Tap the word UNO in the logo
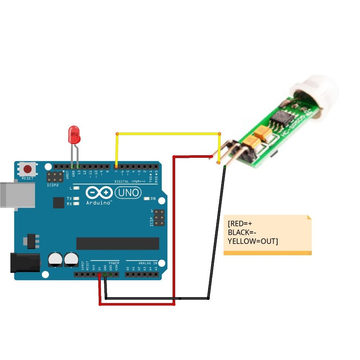click(128, 192)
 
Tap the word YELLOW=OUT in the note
click(253, 241)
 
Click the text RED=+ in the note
click(240, 224)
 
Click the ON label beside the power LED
click(153, 199)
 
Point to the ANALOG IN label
click(148, 263)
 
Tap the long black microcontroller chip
click(118, 243)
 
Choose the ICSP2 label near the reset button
click(52, 184)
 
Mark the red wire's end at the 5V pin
click(99, 275)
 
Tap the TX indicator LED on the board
click(76, 199)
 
